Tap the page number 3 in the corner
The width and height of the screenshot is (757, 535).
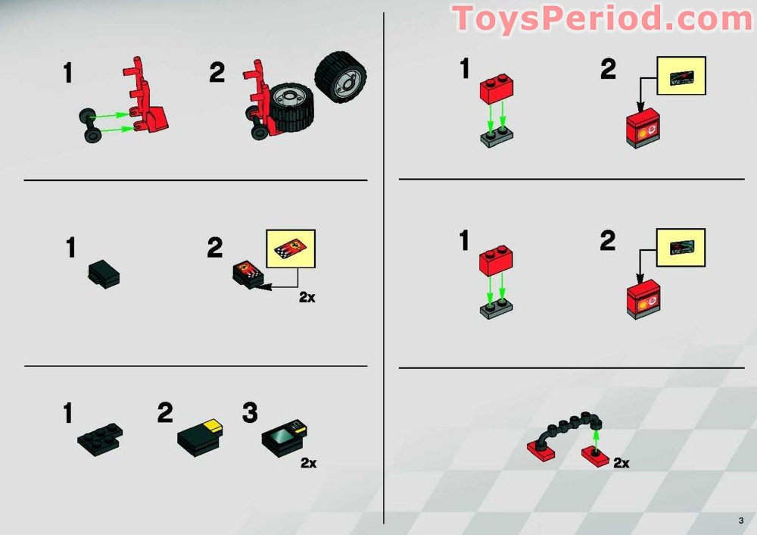[x=741, y=521]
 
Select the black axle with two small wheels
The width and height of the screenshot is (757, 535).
[x=89, y=126]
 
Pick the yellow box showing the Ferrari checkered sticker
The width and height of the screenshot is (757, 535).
[x=291, y=249]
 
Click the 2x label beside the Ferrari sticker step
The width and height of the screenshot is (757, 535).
[x=307, y=297]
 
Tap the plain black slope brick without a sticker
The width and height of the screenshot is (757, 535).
[x=104, y=274]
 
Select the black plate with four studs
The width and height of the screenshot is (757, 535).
[x=100, y=439]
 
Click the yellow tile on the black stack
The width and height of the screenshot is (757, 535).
[x=213, y=424]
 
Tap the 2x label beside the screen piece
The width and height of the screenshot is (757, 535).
[x=309, y=463]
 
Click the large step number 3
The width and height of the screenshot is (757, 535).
[x=250, y=413]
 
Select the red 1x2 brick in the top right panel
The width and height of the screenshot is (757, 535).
[x=497, y=89]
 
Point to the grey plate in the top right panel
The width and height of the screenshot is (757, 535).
[x=497, y=138]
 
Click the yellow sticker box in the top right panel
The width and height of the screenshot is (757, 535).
[x=681, y=75]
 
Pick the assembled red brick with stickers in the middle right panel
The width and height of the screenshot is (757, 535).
[x=643, y=299]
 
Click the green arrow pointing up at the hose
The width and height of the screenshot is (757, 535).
[x=596, y=440]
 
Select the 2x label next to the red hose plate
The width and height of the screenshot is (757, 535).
[x=621, y=463]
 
